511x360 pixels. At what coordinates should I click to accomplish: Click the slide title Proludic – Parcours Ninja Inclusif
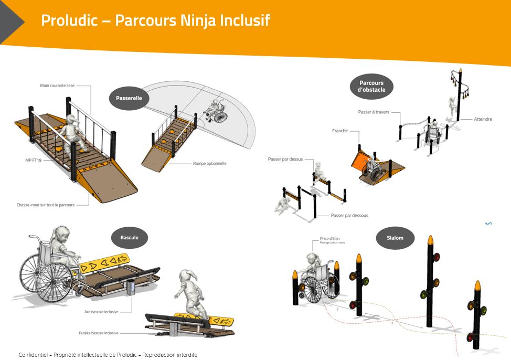pos(155,20)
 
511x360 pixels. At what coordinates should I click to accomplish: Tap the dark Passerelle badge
pos(129,98)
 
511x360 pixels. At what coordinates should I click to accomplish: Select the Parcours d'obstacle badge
pos(371,86)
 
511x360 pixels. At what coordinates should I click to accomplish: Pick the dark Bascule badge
pos(130,238)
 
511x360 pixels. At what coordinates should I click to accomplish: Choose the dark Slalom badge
pos(395,238)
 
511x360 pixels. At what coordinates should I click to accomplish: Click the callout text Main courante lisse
pos(58,86)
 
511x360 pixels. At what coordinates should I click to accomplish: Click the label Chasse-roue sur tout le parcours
pos(46,205)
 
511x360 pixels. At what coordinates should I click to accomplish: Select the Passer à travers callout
pos(374,112)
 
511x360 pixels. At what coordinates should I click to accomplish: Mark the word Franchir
pos(339,131)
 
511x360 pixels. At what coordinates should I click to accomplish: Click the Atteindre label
pos(483,119)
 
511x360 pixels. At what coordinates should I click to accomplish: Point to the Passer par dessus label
pos(285,158)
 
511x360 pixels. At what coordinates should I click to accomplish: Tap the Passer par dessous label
pos(349,215)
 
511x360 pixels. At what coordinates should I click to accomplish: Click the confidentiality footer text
pos(108,355)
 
